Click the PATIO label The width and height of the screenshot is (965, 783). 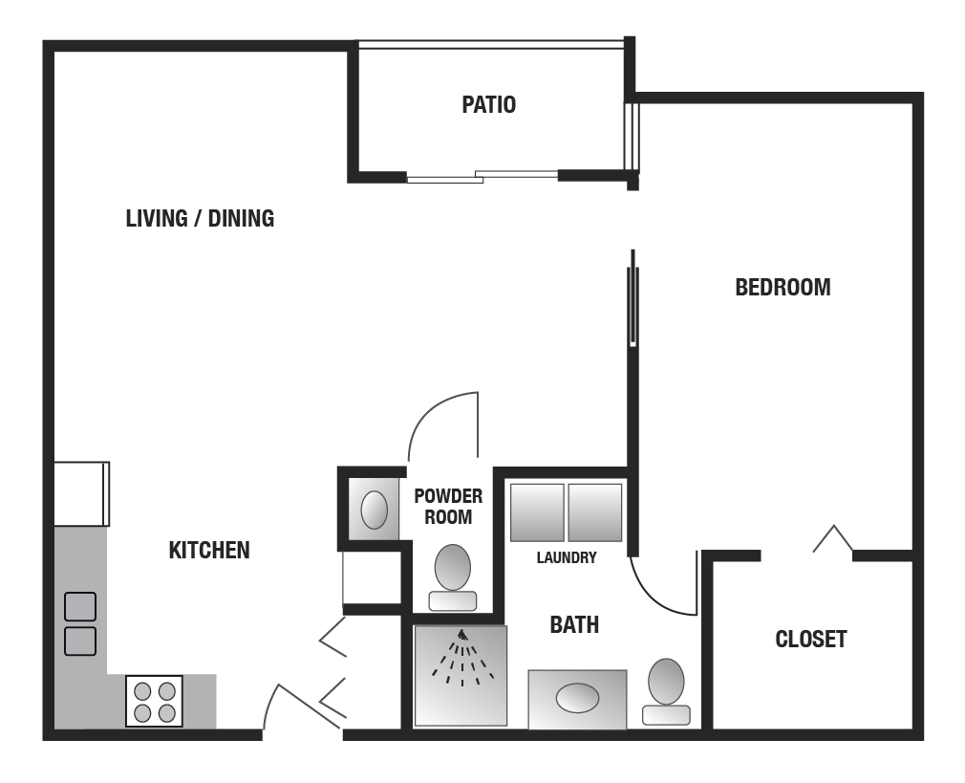[x=488, y=105]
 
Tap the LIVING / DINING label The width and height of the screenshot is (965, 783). [x=200, y=218]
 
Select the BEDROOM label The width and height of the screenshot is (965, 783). [x=783, y=287]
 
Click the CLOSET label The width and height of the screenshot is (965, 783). [x=810, y=639]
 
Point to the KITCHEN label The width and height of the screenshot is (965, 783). [x=209, y=550]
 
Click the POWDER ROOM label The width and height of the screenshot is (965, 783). [x=448, y=507]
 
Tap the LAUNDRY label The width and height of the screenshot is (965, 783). [x=567, y=557]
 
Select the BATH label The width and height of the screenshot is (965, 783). [x=574, y=624]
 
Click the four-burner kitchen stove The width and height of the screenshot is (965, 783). [x=154, y=701]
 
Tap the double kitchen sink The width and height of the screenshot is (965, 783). [x=80, y=623]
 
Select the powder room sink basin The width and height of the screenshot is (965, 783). [x=375, y=511]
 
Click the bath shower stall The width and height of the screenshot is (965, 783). [x=461, y=676]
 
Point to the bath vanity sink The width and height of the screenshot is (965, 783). [x=577, y=699]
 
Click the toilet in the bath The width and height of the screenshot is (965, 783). [x=666, y=691]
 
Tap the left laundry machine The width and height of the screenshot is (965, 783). [x=537, y=512]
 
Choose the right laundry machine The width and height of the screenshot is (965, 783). [x=594, y=512]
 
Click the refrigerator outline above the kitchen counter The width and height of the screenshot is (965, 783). [x=81, y=494]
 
